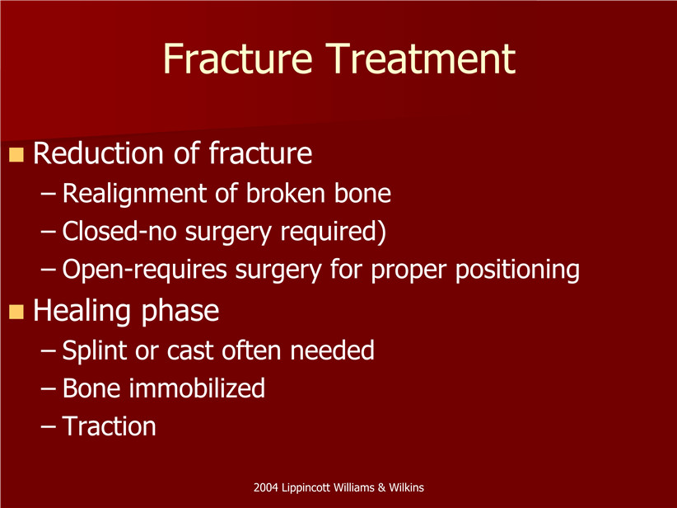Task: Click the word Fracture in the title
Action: (x=237, y=59)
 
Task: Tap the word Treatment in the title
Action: (x=421, y=59)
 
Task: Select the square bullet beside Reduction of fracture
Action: (x=16, y=154)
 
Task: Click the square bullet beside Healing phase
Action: (x=16, y=311)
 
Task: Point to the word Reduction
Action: (x=99, y=153)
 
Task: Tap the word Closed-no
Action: (x=119, y=231)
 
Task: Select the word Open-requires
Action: (x=145, y=270)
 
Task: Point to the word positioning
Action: (x=518, y=270)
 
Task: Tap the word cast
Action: (x=190, y=351)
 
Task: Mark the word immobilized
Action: (x=197, y=388)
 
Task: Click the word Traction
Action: (x=109, y=426)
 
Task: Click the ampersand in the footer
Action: (x=381, y=488)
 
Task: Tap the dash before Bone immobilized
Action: (x=49, y=388)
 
